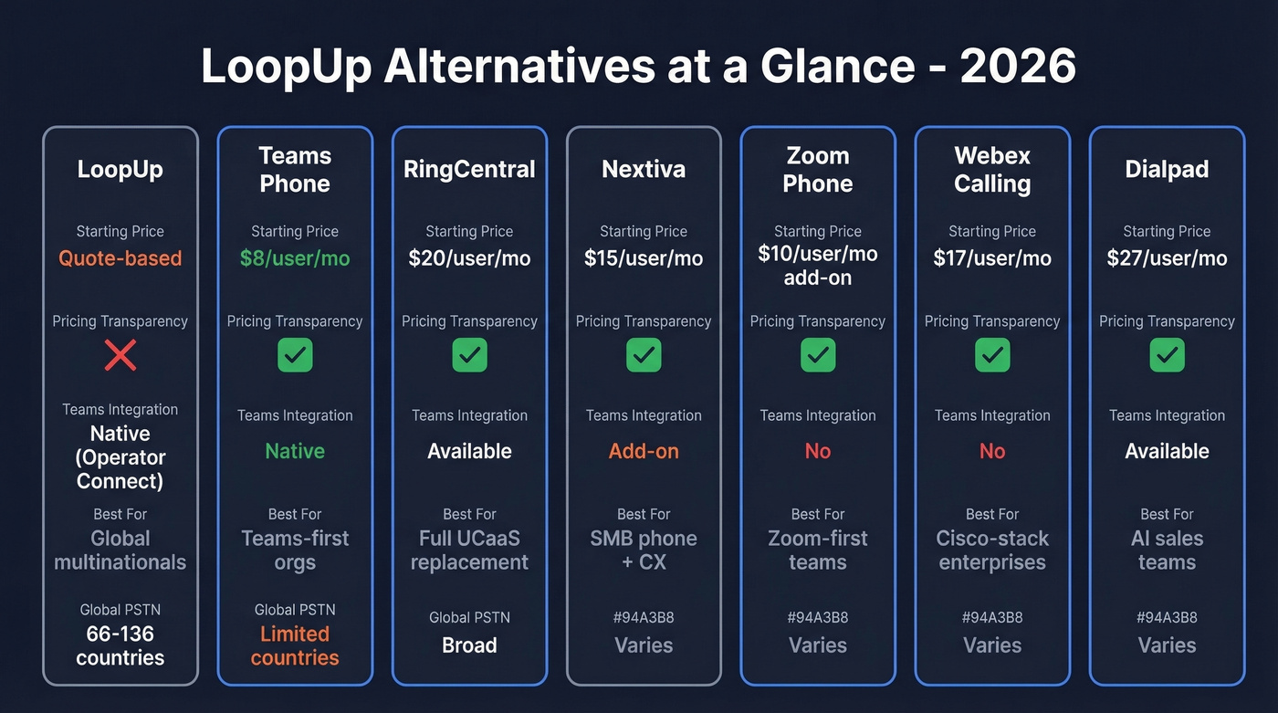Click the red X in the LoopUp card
click(x=120, y=354)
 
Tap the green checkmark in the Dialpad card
click(x=1167, y=355)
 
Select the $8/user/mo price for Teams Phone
click(x=295, y=258)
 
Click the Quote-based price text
click(x=120, y=258)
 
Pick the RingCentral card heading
click(x=469, y=170)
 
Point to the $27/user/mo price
click(x=1167, y=258)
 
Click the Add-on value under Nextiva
click(x=644, y=451)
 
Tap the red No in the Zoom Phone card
click(x=818, y=451)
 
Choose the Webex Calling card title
click(x=992, y=170)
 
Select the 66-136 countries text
click(x=120, y=645)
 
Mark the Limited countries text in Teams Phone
click(x=295, y=645)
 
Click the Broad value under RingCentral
click(x=469, y=645)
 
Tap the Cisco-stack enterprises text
click(x=992, y=550)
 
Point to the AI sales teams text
click(x=1167, y=550)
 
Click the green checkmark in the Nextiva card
click(x=644, y=355)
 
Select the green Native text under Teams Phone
click(x=295, y=451)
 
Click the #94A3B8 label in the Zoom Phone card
click(x=818, y=618)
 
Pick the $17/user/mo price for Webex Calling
click(x=992, y=258)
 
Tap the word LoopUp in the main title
click(x=283, y=67)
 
